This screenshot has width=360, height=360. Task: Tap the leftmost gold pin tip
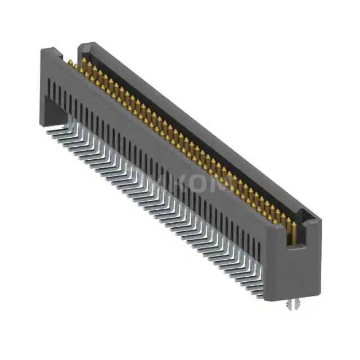pyautogui.click(x=70, y=63)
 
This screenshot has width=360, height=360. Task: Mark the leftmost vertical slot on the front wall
pyautogui.click(x=50, y=87)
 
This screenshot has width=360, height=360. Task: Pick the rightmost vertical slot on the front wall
pyautogui.click(x=259, y=251)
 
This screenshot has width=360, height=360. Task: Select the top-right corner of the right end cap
pyautogui.click(x=320, y=220)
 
